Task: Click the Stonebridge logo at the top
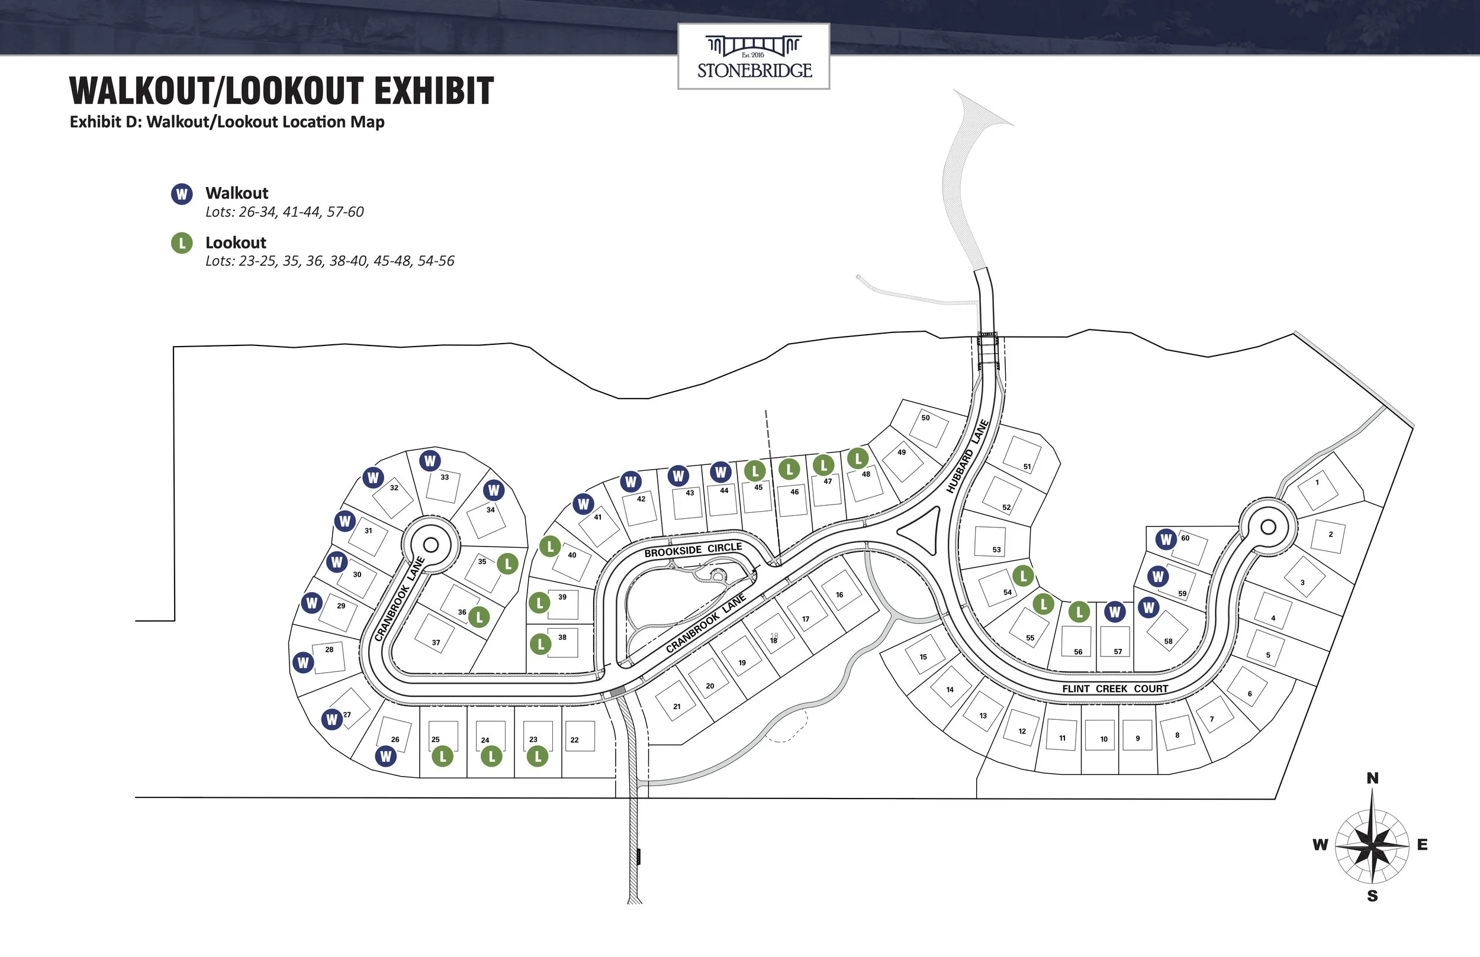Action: pyautogui.click(x=754, y=57)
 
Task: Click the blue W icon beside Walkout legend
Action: pyautogui.click(x=182, y=195)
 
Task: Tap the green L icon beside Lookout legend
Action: pyautogui.click(x=182, y=243)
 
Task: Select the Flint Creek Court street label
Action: pyautogui.click(x=1115, y=688)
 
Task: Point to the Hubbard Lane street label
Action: pyautogui.click(x=967, y=457)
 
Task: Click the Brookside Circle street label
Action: pyautogui.click(x=693, y=550)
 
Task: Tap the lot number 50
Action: pyautogui.click(x=925, y=418)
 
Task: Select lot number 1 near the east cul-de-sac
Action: pyautogui.click(x=1317, y=482)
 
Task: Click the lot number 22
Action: pyautogui.click(x=574, y=740)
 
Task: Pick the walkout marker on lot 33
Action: pyautogui.click(x=430, y=461)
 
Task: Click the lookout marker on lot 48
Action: pyautogui.click(x=858, y=459)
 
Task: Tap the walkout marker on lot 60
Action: pyautogui.click(x=1166, y=539)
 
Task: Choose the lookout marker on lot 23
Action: pyautogui.click(x=538, y=756)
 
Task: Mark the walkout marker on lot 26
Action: pyautogui.click(x=385, y=756)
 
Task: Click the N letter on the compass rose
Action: pyautogui.click(x=1372, y=778)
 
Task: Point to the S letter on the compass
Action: pyautogui.click(x=1372, y=896)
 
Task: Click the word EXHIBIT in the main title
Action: pyautogui.click(x=433, y=90)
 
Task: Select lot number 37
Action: pyautogui.click(x=436, y=642)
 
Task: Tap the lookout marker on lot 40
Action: pyautogui.click(x=550, y=547)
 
